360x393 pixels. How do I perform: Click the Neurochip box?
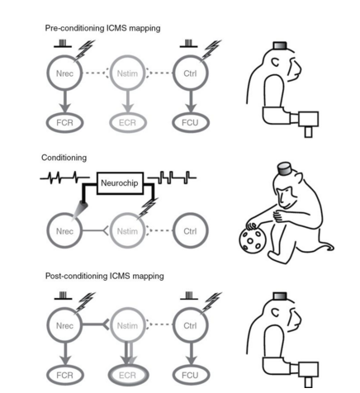pos(120,183)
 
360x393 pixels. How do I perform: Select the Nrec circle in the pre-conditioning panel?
pos(47,73)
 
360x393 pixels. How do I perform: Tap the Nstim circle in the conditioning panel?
pos(110,231)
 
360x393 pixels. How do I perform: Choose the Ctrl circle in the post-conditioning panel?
pos(173,325)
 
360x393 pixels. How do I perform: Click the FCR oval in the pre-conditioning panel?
pos(47,122)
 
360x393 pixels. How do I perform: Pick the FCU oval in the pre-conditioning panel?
pos(173,122)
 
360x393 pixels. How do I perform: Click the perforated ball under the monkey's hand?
pos(251,240)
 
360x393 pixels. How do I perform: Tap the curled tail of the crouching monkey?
pos(328,247)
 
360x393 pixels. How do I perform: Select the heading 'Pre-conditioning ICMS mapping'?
pos(102,28)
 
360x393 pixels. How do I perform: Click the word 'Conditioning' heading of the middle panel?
pos(64,158)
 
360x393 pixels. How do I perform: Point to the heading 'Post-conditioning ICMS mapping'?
pos(105,276)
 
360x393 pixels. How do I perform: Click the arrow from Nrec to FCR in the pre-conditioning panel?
pos(65,102)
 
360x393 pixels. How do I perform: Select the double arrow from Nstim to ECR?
pos(128,354)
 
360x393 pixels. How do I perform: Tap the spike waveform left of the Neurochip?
pos(65,178)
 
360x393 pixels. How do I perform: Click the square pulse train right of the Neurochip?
pos(172,178)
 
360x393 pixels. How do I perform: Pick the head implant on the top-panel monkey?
pos(280,45)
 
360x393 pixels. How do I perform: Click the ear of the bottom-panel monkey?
pos(276,312)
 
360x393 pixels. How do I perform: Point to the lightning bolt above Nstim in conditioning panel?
pos(148,208)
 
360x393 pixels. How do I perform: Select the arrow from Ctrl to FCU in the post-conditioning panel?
pos(192,354)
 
